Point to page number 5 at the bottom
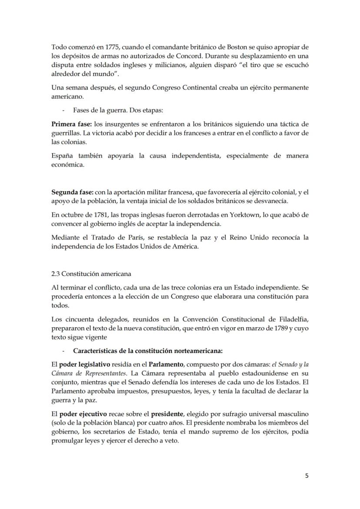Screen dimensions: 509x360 pos(307,476)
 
